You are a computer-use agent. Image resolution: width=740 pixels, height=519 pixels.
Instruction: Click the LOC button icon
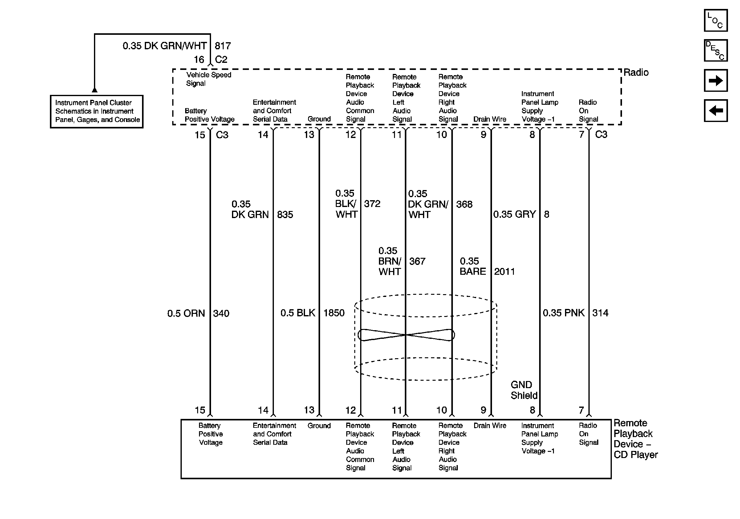point(715,20)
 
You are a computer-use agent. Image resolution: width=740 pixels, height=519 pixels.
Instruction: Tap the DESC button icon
point(715,50)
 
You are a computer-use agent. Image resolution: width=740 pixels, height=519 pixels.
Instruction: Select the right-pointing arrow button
point(715,80)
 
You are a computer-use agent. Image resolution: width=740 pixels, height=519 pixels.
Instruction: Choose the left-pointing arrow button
point(715,111)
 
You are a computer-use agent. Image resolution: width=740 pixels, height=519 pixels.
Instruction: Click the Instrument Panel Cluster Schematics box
point(97,112)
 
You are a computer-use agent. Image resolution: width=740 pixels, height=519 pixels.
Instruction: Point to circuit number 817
point(223,46)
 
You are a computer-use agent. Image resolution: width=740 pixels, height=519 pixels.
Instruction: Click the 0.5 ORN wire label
point(186,313)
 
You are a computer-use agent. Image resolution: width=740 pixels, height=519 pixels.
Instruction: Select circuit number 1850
point(334,313)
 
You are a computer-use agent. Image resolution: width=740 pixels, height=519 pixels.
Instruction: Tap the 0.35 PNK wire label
point(563,313)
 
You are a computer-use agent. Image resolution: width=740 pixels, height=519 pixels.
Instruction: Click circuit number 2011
point(504,272)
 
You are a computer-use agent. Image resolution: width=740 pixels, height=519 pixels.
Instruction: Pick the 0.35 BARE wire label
point(473,266)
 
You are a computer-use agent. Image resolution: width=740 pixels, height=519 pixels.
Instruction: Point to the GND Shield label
point(524,390)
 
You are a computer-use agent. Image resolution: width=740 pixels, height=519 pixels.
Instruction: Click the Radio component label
point(636,72)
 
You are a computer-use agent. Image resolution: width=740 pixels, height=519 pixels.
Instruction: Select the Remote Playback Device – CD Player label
point(635,439)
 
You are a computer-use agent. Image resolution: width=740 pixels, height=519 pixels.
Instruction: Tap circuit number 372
point(372,204)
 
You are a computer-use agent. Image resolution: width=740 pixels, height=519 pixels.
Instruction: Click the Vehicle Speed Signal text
point(209,79)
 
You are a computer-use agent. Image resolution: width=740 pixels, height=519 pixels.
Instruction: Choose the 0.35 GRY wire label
point(514,214)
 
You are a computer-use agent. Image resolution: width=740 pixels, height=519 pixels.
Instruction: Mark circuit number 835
point(285,215)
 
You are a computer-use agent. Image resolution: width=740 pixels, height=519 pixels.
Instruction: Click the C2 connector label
point(221,59)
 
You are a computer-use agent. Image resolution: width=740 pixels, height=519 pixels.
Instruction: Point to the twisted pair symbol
point(406,335)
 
